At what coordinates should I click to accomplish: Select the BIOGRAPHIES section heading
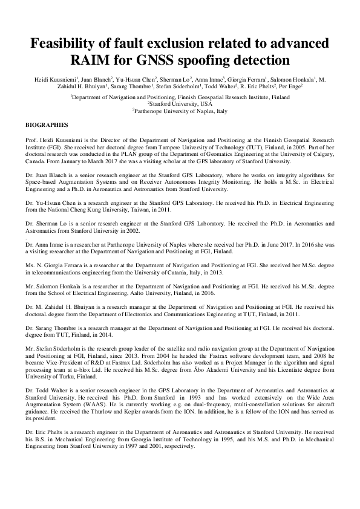point(47,125)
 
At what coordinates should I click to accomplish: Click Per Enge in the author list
point(291,86)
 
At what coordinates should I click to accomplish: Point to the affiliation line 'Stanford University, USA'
point(180,103)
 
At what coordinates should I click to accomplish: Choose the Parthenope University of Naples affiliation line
point(180,111)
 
